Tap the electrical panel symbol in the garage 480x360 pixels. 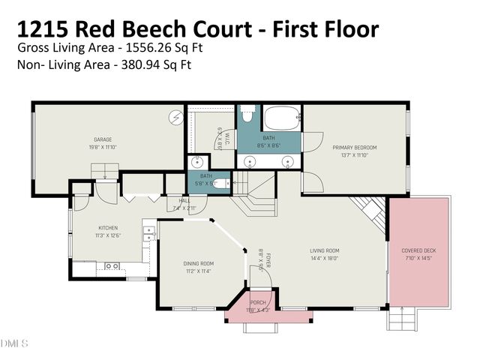click(178, 117)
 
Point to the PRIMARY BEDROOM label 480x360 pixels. click(354, 148)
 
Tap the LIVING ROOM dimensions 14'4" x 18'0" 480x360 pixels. click(325, 258)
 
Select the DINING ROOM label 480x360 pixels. click(199, 263)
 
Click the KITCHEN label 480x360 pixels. click(109, 228)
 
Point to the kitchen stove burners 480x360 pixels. click(112, 265)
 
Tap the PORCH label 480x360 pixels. click(258, 302)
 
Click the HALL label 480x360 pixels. click(184, 200)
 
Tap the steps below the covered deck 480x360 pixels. click(397, 321)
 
